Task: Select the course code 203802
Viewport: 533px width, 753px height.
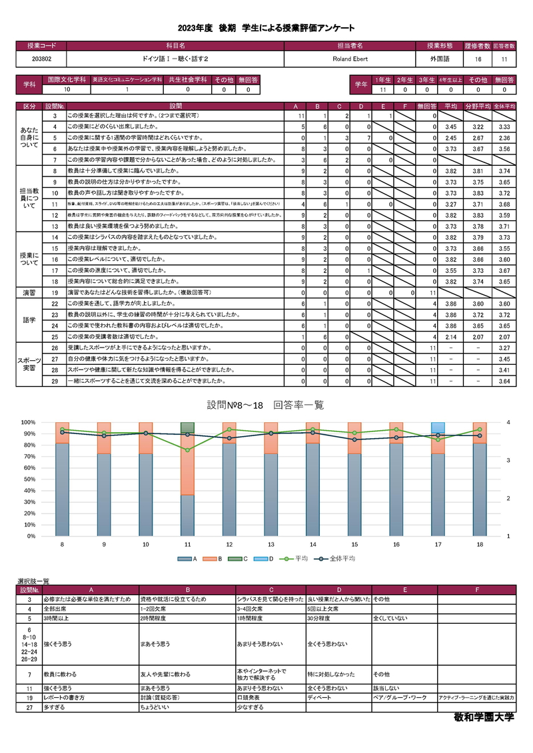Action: pyautogui.click(x=41, y=59)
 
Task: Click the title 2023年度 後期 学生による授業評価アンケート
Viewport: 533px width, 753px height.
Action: pyautogui.click(x=266, y=27)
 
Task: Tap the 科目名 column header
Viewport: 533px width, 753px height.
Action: pyautogui.click(x=175, y=46)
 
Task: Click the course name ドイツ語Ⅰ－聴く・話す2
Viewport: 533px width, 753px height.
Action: pyautogui.click(x=175, y=59)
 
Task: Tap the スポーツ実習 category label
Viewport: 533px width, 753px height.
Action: pyautogui.click(x=29, y=364)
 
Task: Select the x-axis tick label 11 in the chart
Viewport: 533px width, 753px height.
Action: pyautogui.click(x=189, y=545)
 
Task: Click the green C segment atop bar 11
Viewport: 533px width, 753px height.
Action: pyautogui.click(x=189, y=427)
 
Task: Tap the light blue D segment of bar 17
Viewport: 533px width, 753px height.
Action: pyautogui.click(x=438, y=427)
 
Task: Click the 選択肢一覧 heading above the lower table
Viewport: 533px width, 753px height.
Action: pyautogui.click(x=33, y=581)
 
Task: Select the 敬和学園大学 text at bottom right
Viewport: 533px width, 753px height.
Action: pyautogui.click(x=483, y=719)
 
